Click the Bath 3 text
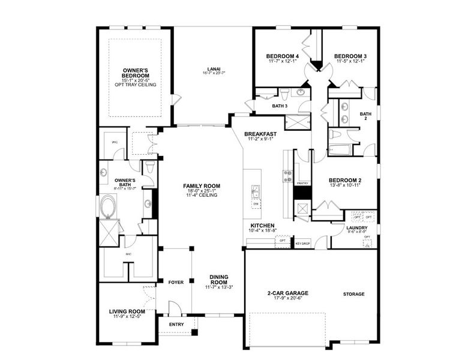pos(280,106)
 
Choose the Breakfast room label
pos(261,134)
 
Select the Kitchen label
pos(262,226)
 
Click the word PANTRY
pos(302,184)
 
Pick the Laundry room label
pos(356,227)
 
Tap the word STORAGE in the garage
pos(353,294)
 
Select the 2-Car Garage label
pos(287,293)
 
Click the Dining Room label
pos(218,280)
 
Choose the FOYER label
pos(176,281)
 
